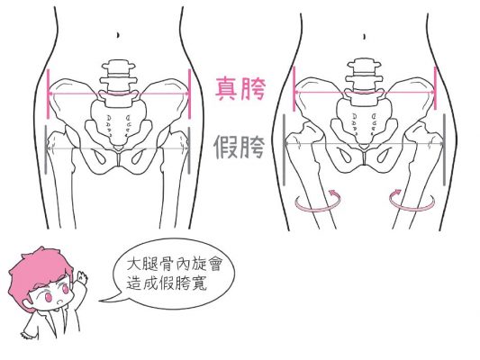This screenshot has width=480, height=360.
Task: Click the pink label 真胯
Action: (x=240, y=89)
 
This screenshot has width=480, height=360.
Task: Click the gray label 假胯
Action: (x=239, y=147)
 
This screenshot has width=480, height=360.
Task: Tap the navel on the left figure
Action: (x=119, y=35)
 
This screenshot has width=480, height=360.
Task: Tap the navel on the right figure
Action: (x=364, y=37)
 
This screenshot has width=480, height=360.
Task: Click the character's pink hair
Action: (x=37, y=272)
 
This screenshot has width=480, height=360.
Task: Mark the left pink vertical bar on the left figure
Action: (x=48, y=94)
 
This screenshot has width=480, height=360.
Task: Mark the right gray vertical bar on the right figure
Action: (x=444, y=149)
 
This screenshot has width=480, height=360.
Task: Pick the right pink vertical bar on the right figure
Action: (x=435, y=89)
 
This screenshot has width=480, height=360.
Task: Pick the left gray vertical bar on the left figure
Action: (x=46, y=149)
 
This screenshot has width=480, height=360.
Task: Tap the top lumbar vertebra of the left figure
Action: (x=119, y=67)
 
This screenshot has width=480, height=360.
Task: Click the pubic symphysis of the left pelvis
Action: (x=119, y=158)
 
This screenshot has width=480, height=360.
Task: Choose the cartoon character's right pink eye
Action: (x=65, y=287)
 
